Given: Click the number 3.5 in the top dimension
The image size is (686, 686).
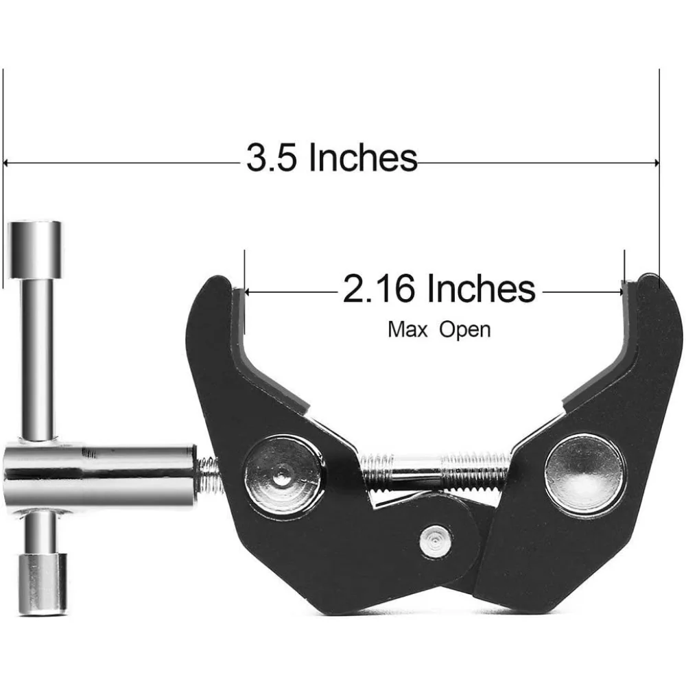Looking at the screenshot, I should pyautogui.click(x=272, y=158).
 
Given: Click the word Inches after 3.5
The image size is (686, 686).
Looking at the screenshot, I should pyautogui.click(x=362, y=158).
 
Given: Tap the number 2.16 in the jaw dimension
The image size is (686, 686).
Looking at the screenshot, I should pyautogui.click(x=379, y=289).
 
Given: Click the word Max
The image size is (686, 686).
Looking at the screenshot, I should pyautogui.click(x=407, y=330).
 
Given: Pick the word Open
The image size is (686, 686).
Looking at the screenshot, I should pyautogui.click(x=465, y=330).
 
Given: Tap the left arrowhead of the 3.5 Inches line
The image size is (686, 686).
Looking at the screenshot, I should pyautogui.click(x=7, y=163).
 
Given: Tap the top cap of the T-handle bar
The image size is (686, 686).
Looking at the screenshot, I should pyautogui.click(x=34, y=239).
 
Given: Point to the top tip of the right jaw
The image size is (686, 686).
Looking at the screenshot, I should pyautogui.click(x=648, y=280).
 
